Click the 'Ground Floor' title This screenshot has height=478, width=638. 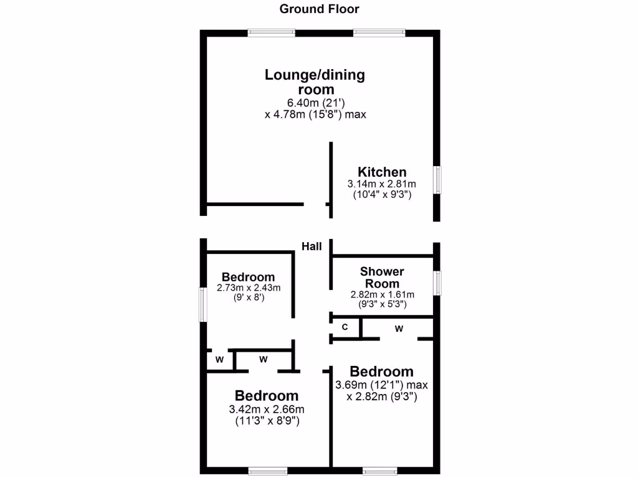319,9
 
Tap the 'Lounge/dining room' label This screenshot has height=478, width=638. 315,82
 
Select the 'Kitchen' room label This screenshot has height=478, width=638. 382,172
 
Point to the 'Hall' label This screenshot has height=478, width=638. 312,246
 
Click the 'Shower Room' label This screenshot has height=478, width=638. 382,278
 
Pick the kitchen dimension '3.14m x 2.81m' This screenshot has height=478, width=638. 382,184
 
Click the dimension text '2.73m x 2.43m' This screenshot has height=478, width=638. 249,288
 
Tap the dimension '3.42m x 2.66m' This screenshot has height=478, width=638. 267,409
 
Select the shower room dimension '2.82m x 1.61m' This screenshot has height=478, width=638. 382,294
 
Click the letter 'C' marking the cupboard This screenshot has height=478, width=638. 345,327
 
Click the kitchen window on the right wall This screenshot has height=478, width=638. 437,180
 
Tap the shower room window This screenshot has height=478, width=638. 437,283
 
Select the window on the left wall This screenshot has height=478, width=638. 202,304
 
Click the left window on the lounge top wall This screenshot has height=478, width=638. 271,33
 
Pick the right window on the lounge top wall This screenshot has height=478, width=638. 379,33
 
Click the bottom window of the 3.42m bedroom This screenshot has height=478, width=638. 267,471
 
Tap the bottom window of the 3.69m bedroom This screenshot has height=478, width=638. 379,471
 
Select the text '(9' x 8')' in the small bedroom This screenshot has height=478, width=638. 249,298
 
